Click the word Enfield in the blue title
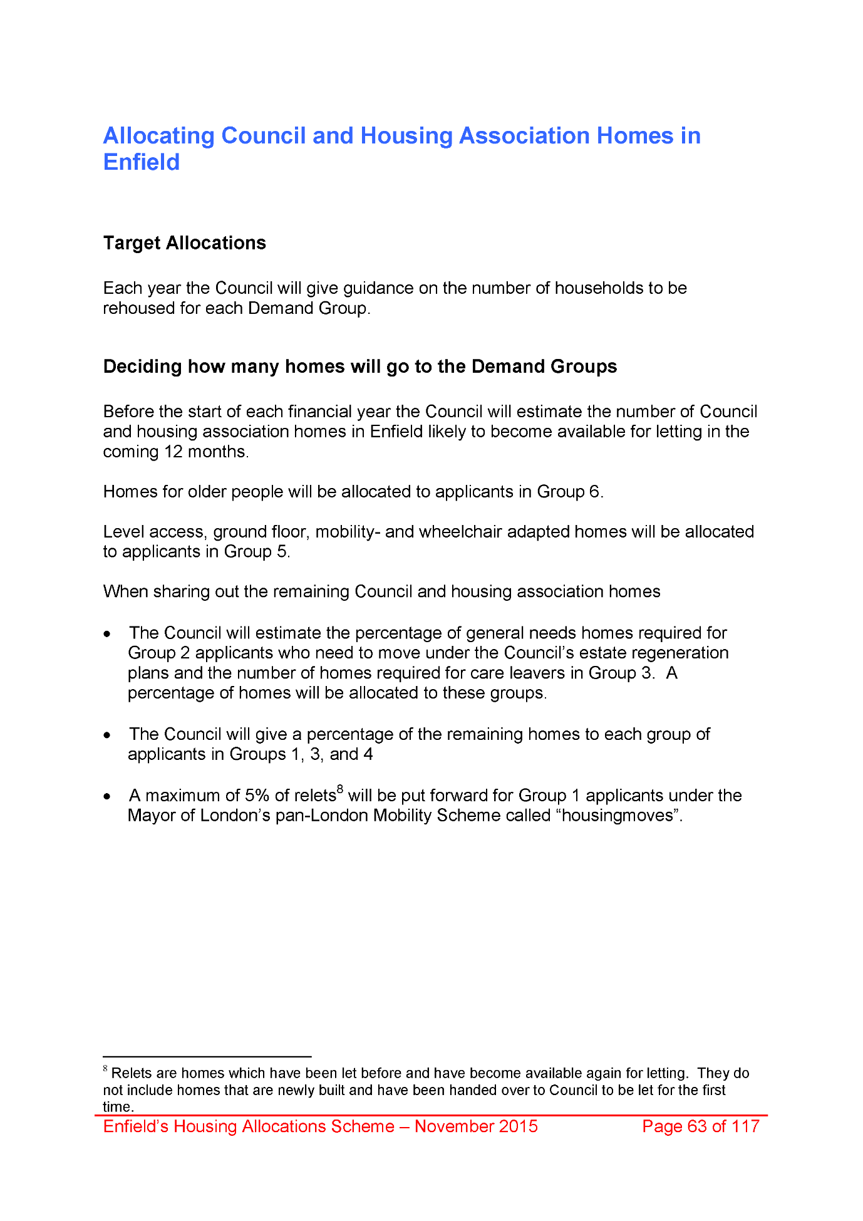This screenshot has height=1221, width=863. [x=142, y=162]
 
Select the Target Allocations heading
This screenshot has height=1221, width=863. [x=185, y=243]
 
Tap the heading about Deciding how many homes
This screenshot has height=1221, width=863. [x=360, y=366]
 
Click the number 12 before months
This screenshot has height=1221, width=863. [x=173, y=452]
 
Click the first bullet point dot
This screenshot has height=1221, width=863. [x=108, y=634]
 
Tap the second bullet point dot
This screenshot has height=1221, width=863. [x=108, y=735]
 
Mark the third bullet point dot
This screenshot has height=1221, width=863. [x=108, y=796]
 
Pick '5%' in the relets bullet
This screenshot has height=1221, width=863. [x=257, y=796]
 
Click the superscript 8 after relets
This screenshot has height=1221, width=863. [x=340, y=789]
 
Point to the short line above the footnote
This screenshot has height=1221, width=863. [x=207, y=1056]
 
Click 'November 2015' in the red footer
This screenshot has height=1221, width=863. [x=476, y=1126]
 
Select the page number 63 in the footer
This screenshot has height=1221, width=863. [x=696, y=1126]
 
